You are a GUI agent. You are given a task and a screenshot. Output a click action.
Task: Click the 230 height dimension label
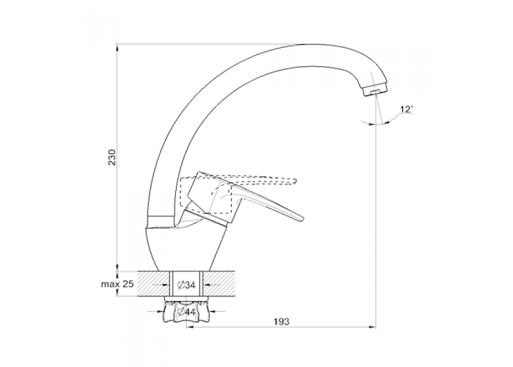coord(112,157)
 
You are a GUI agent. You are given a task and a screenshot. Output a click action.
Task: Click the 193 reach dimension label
coord(281,321)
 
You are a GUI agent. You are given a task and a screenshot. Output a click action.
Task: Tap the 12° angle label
coord(406,109)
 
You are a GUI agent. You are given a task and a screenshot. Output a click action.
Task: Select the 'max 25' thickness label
coord(117,284)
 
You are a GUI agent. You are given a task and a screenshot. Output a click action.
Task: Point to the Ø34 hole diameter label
coord(186,285)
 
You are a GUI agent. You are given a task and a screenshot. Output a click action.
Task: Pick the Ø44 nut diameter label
coord(186,312)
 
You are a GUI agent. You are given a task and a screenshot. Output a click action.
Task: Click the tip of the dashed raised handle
coord(295,181)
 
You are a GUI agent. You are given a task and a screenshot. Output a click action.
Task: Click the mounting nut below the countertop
coord(186,311)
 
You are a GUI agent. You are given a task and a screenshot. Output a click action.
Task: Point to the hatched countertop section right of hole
coord(220,284)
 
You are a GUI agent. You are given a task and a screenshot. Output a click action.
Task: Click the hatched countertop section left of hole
coord(154,284)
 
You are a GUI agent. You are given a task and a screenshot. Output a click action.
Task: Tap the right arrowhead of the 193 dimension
coord(372,327)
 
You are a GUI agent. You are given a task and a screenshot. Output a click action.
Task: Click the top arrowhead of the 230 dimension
coord(117,48)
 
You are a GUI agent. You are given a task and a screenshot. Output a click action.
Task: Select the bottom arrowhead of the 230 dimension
coord(117,267)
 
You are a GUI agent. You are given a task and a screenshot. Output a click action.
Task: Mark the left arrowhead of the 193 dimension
coord(190,327)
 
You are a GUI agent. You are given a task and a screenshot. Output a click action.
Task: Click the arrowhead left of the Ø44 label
coord(158,311)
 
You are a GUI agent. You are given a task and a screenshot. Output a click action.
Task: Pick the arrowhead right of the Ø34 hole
coord(207,284)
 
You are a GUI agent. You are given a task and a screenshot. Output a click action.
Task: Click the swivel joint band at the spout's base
coord(160,220)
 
